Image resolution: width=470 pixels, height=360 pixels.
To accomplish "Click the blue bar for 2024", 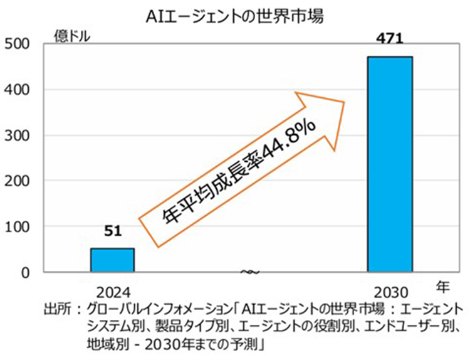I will tap(112, 260).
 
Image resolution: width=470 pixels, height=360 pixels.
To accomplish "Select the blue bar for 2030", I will tap(390, 164).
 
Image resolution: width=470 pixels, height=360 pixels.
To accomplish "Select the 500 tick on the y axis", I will tap(17, 45).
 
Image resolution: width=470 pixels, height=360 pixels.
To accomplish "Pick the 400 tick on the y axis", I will tap(17, 90).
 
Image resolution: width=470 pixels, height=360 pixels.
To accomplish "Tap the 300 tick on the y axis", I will tap(17, 135).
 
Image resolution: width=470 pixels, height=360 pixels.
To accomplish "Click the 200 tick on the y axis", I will tap(17, 181).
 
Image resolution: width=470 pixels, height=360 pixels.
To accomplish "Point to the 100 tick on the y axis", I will tap(17, 226).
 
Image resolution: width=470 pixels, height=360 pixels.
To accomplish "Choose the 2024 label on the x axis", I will tap(112, 292).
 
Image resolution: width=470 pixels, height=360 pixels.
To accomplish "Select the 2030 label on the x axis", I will tap(390, 292).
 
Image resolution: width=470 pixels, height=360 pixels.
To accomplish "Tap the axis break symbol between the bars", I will tap(250, 272).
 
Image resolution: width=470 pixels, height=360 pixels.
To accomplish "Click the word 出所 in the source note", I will tap(55, 310).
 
